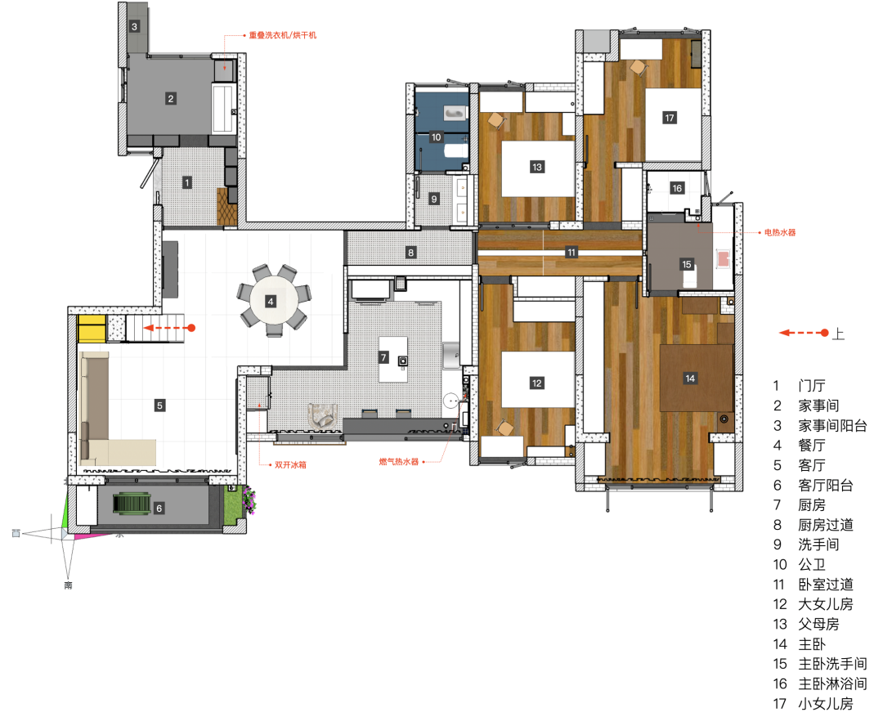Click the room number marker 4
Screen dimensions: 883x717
pyautogui.click(x=271, y=302)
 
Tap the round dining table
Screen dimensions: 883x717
pyautogui.click(x=274, y=302)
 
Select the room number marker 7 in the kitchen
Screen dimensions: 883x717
pyautogui.click(x=383, y=357)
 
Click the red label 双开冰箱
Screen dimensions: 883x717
pyautogui.click(x=290, y=464)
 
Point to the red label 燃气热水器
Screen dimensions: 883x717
pyautogui.click(x=399, y=462)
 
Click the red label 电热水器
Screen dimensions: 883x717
pyautogui.click(x=780, y=232)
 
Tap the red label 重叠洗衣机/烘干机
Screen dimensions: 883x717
pyautogui.click(x=283, y=35)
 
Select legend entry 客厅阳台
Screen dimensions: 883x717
pyautogui.click(x=826, y=485)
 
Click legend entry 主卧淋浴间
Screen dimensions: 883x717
pyautogui.click(x=832, y=683)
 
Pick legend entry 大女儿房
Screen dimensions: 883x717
pyautogui.click(x=826, y=604)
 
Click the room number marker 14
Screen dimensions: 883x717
pyautogui.click(x=690, y=378)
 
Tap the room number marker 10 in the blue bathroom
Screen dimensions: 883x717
pyautogui.click(x=436, y=137)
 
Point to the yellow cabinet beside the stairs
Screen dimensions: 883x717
pyautogui.click(x=92, y=329)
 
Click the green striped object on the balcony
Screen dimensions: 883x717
pyautogui.click(x=132, y=504)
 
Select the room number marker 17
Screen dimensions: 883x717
pyautogui.click(x=669, y=118)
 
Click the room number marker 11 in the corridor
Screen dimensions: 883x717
pyautogui.click(x=571, y=253)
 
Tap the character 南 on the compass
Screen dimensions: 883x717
pyautogui.click(x=68, y=585)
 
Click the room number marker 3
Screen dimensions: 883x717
pyautogui.click(x=134, y=26)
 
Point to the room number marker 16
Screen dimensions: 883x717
pyautogui.click(x=677, y=188)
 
